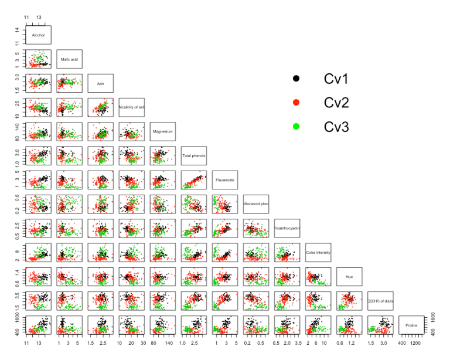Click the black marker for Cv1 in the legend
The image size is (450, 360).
pos(296,78)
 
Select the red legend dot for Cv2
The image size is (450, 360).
pos(296,102)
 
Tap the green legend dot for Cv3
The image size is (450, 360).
pos(296,126)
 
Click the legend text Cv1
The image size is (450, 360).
pos(336,78)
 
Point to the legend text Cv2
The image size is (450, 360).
pos(336,102)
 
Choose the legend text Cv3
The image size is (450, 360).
pos(336,126)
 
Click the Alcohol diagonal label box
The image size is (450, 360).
pos(39,35)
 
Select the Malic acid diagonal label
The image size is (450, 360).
pos(70,59)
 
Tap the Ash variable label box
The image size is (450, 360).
pos(101,83)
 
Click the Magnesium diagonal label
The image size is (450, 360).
pos(163,131)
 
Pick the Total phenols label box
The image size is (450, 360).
pos(194,155)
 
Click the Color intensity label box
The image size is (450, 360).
pos(318,252)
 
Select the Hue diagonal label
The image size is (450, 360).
pos(349,276)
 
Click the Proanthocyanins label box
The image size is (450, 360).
pos(287,228)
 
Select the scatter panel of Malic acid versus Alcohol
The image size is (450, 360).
pos(39,59)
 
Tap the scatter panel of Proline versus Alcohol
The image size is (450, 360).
pos(39,324)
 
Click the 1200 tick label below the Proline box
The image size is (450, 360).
pos(415,342)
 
